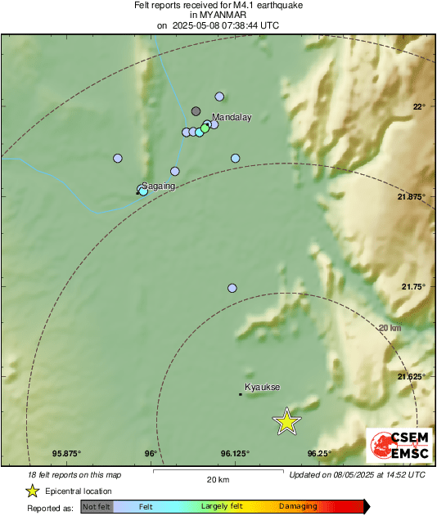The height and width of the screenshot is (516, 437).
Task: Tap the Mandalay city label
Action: click(232, 118)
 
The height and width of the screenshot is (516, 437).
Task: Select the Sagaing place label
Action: click(159, 186)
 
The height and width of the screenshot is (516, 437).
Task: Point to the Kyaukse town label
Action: click(263, 387)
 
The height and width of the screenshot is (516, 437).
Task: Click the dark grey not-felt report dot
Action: click(196, 110)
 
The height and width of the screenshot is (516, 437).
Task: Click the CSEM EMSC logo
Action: click(399, 446)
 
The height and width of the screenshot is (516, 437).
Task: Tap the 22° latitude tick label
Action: click(419, 107)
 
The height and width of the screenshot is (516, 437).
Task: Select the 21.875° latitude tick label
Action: click(412, 197)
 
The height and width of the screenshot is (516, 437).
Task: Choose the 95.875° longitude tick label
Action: click(67, 453)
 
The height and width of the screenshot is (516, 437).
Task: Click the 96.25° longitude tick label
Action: click(321, 453)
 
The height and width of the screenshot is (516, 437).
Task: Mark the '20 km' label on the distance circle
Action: click(390, 328)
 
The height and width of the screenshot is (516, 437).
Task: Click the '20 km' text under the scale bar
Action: click(218, 479)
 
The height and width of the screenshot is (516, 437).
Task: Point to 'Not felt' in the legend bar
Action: click(97, 507)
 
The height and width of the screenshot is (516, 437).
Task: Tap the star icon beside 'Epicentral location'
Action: click(32, 491)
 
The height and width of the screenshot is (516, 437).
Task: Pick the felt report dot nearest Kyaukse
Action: click(232, 288)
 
